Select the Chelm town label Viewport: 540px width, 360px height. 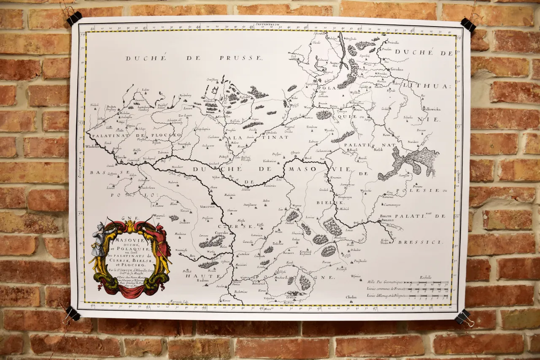[x=351, y=297]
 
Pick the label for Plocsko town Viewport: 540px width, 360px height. [x=121, y=157]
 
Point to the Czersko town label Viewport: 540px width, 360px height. [x=222, y=233]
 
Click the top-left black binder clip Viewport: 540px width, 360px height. [x=74, y=18]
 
